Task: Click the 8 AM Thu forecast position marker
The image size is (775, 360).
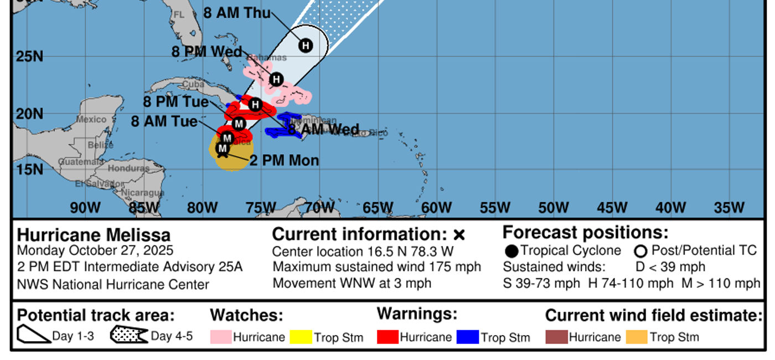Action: click(x=306, y=45)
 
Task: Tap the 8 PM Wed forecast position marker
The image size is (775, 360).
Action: click(x=276, y=79)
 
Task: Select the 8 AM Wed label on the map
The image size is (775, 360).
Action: click(x=323, y=130)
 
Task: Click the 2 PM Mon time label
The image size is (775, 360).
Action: click(x=284, y=161)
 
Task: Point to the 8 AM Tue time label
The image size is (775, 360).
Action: click(x=164, y=121)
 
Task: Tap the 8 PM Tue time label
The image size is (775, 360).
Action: click(x=176, y=102)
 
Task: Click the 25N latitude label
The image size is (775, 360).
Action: click(x=29, y=56)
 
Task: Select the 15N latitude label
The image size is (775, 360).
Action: click(x=29, y=169)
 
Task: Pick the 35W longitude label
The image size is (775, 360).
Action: click(x=729, y=208)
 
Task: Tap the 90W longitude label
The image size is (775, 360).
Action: click(x=85, y=208)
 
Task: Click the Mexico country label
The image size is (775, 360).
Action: click(x=91, y=119)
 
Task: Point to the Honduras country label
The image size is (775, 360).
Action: click(x=128, y=168)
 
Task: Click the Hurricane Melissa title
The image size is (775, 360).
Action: click(x=94, y=235)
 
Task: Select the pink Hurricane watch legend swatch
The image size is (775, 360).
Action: click(x=220, y=337)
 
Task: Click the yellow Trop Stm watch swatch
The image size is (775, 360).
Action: click(x=301, y=337)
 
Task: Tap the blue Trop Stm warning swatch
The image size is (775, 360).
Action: click(x=467, y=337)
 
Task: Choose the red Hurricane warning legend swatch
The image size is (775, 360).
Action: click(x=387, y=337)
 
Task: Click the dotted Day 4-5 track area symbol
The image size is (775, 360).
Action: click(x=128, y=335)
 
